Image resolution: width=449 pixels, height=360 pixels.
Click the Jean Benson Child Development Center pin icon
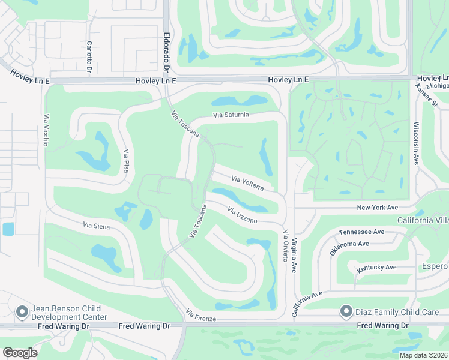(22, 311)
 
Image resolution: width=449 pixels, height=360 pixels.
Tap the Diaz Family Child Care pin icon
(346, 311)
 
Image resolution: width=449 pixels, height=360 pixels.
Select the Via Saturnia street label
(231, 115)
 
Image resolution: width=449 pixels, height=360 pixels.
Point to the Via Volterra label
(247, 183)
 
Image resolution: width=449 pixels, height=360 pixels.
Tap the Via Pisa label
(126, 161)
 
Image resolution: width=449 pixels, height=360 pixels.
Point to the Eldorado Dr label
(167, 51)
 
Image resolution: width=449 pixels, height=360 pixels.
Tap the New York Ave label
(378, 207)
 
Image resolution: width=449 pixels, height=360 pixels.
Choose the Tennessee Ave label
(361, 232)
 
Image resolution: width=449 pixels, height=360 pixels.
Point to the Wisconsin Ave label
(415, 143)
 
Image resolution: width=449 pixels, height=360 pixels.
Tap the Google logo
(20, 353)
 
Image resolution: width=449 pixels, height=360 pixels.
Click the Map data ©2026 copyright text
(423, 355)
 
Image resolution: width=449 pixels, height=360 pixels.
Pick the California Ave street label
(307, 304)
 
